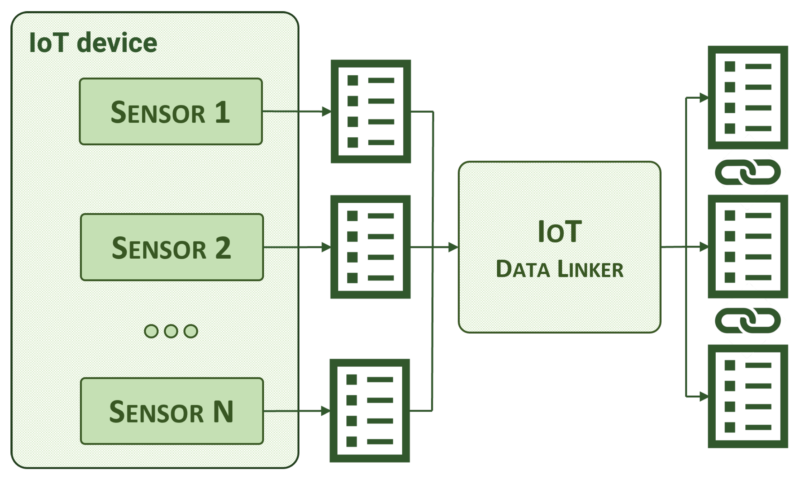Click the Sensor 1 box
coord(171,112)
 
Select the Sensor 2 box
coord(172,247)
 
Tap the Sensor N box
coord(172,411)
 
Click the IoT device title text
coord(93,43)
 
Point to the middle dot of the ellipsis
coord(171,331)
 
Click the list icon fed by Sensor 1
coord(371,112)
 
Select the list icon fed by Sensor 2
coord(370,247)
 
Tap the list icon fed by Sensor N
coord(370,411)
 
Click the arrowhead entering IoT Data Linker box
coord(453,247)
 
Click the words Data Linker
coord(559,269)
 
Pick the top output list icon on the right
coord(748,98)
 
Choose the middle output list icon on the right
coord(748,246)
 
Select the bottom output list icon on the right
coord(748,396)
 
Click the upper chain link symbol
coord(748,172)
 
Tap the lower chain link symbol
coord(748,321)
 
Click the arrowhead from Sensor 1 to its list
coord(326,112)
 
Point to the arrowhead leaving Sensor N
coord(325,411)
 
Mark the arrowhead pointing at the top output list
coord(704,98)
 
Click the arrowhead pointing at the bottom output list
coord(704,396)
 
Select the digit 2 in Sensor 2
coord(223,248)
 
